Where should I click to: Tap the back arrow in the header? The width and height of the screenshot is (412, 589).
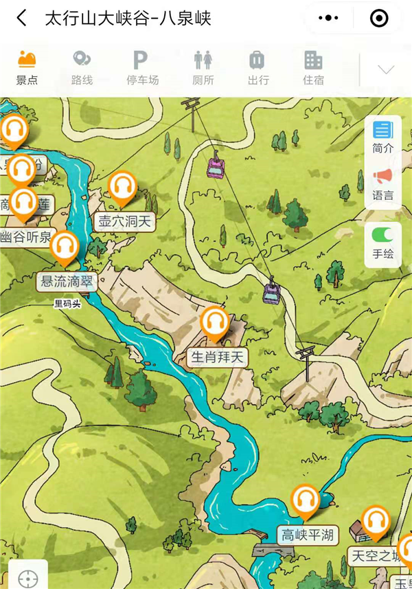tap(22, 19)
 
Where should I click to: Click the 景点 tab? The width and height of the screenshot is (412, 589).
tap(27, 67)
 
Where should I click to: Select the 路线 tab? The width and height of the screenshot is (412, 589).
tap(82, 67)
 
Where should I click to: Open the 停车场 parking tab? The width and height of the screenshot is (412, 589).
tap(141, 67)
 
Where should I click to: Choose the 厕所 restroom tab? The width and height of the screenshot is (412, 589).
tap(203, 67)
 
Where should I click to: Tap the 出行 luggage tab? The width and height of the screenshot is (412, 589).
tap(258, 67)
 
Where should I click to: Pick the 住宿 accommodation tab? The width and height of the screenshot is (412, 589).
tap(313, 67)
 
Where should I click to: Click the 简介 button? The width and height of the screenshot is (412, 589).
tap(383, 137)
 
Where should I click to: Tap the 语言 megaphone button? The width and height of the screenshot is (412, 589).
tap(383, 184)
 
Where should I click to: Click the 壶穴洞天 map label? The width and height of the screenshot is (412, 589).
tap(124, 222)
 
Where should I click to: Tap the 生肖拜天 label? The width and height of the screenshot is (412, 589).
tap(218, 357)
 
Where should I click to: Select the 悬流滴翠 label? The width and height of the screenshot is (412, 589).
tap(68, 282)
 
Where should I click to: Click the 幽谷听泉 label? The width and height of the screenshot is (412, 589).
tap(25, 238)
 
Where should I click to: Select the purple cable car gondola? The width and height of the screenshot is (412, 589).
tap(272, 293)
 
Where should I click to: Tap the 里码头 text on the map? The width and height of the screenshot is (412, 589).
tap(68, 303)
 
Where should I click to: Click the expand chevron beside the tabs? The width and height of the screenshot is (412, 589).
tap(386, 69)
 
